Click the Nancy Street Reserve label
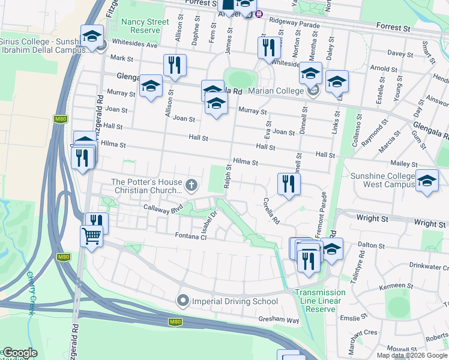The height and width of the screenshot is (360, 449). click(x=145, y=26)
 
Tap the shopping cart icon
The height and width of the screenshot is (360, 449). click(x=91, y=236)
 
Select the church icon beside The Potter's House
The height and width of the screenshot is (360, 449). click(x=191, y=185)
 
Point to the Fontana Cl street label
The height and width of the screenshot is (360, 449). click(x=190, y=236)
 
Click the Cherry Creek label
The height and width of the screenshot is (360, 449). click(x=32, y=293)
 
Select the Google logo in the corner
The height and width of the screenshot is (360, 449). click(x=20, y=353)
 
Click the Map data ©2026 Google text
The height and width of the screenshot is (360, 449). click(x=412, y=356)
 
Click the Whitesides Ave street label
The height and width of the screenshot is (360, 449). click(x=137, y=45)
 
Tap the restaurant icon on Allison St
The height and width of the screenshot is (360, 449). click(x=175, y=66)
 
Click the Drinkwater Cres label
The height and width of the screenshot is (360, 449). click(x=429, y=266)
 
